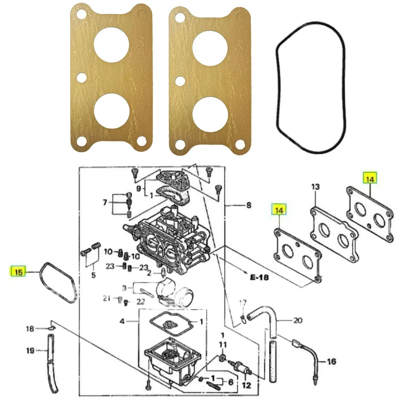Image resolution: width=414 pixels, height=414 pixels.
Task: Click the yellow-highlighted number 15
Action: click(x=18, y=272)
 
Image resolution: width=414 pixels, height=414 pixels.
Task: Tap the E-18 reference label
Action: click(x=259, y=277)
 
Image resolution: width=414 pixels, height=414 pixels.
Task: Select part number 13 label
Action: click(x=316, y=187)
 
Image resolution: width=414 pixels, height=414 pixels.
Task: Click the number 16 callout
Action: click(x=331, y=362)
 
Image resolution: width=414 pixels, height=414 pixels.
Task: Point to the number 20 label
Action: click(x=298, y=320)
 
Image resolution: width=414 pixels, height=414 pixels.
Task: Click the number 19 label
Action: click(x=30, y=351)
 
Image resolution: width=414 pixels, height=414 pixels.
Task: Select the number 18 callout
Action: click(x=30, y=329)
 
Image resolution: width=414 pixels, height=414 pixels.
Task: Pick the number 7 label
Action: click(x=105, y=202)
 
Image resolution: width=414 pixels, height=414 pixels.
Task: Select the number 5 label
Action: click(x=93, y=275)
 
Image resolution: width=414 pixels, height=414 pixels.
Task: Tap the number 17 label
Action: click(x=243, y=302)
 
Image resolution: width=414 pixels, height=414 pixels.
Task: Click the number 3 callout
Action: click(x=124, y=287)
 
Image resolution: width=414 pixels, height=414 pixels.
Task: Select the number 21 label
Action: click(x=107, y=298)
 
